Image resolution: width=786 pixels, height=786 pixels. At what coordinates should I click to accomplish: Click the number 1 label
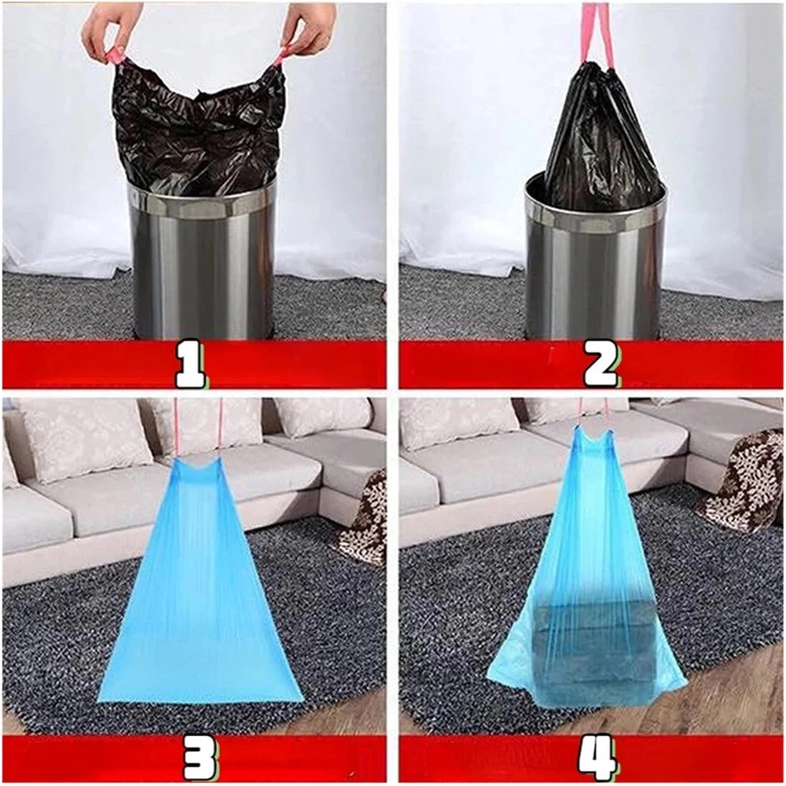point(190,365)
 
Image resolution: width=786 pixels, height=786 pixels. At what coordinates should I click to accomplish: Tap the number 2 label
point(601,365)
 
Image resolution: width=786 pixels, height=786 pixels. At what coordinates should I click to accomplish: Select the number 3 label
point(200,758)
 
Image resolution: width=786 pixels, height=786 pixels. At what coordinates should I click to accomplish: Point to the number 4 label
point(597,758)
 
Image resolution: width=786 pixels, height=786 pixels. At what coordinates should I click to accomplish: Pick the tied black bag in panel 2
point(601,138)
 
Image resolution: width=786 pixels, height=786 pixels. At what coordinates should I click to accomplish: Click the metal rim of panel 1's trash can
point(201,200)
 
